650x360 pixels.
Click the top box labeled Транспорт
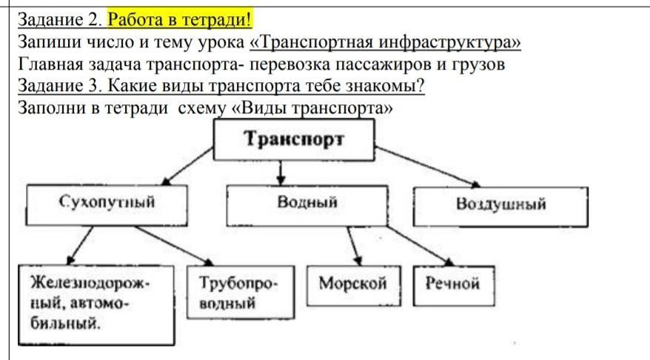pyautogui.click(x=293, y=139)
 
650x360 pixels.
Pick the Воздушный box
pyautogui.click(x=500, y=205)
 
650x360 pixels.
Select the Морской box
pyautogui.click(x=352, y=284)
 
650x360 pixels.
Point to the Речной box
pyautogui.click(x=452, y=283)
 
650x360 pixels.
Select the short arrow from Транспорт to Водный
pyautogui.click(x=281, y=173)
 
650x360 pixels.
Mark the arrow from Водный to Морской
pyautogui.click(x=353, y=245)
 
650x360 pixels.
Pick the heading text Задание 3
pyautogui.click(x=62, y=86)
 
